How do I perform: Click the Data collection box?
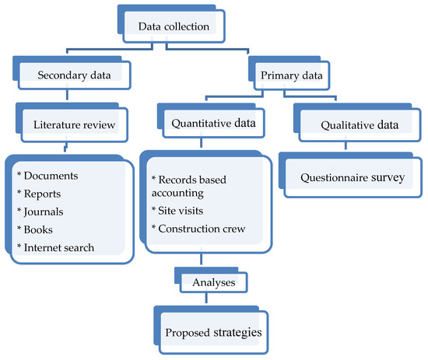tap(174, 27)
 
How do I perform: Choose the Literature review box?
tap(74, 123)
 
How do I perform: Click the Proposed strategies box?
tap(212, 332)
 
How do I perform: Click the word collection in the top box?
tap(187, 27)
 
